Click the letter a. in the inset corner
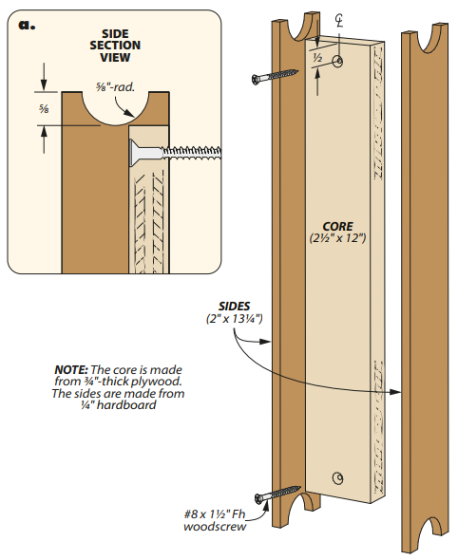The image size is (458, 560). [x=27, y=25]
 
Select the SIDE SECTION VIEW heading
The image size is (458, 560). [x=115, y=46]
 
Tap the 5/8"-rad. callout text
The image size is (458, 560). [x=115, y=86]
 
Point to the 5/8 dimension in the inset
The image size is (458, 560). [x=44, y=109]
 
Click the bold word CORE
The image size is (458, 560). [x=337, y=227]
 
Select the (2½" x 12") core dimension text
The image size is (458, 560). [x=338, y=238]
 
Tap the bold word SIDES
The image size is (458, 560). [x=234, y=306]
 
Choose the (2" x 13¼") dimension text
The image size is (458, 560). [x=234, y=319]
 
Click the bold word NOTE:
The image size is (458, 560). [x=71, y=369]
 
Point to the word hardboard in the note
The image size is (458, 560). [x=126, y=405]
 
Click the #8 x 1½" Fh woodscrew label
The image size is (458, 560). [x=215, y=520]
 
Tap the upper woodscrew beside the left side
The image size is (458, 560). [x=275, y=77]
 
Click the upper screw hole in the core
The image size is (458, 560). [x=338, y=61]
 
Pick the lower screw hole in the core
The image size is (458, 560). [x=338, y=477]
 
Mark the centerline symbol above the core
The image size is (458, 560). [x=339, y=21]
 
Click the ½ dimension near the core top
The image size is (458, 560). [x=317, y=57]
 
